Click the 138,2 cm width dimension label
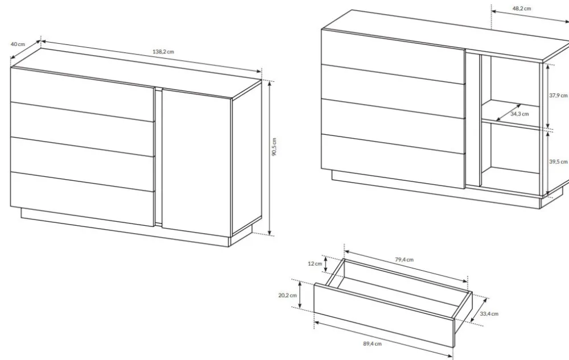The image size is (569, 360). point(163,52)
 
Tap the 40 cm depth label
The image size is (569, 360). point(18,44)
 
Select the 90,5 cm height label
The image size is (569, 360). point(274,147)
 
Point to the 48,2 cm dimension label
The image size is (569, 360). point(522,9)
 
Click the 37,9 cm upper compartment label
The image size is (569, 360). point(558,96)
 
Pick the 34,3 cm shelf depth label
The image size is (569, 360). point(519,114)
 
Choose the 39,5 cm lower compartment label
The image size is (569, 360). point(558,162)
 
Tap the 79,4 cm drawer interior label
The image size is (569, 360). point(404,259)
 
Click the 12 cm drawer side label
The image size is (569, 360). point(315,263)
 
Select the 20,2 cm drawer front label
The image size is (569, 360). point(287,295)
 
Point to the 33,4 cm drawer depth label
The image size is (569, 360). point(489,313)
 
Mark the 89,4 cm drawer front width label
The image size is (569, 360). point(372,344)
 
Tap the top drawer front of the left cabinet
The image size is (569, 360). point(83,94)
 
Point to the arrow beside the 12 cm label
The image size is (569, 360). point(326,264)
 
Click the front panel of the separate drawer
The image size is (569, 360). point(384,315)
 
